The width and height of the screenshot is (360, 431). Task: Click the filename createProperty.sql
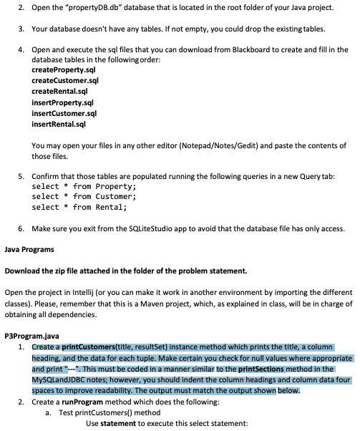coord(64,72)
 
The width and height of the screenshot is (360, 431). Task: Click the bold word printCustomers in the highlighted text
coord(85,347)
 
